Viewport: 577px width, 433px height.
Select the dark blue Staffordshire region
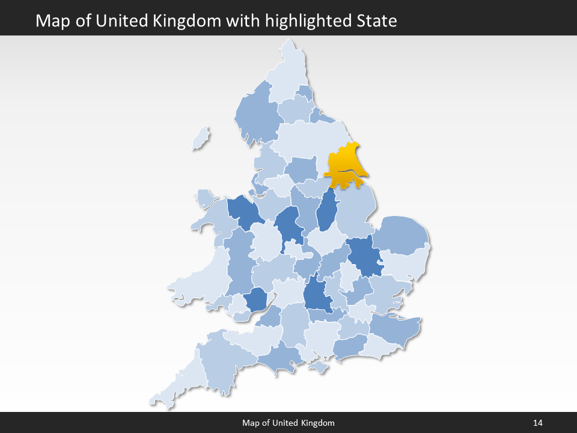coord(288,225)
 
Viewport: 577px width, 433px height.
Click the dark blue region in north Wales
coord(243,210)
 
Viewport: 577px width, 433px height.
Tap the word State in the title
coord(376,21)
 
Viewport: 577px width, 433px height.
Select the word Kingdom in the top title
coord(192,21)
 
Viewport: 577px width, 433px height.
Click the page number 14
coord(537,423)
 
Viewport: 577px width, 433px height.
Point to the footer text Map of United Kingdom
coord(288,423)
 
